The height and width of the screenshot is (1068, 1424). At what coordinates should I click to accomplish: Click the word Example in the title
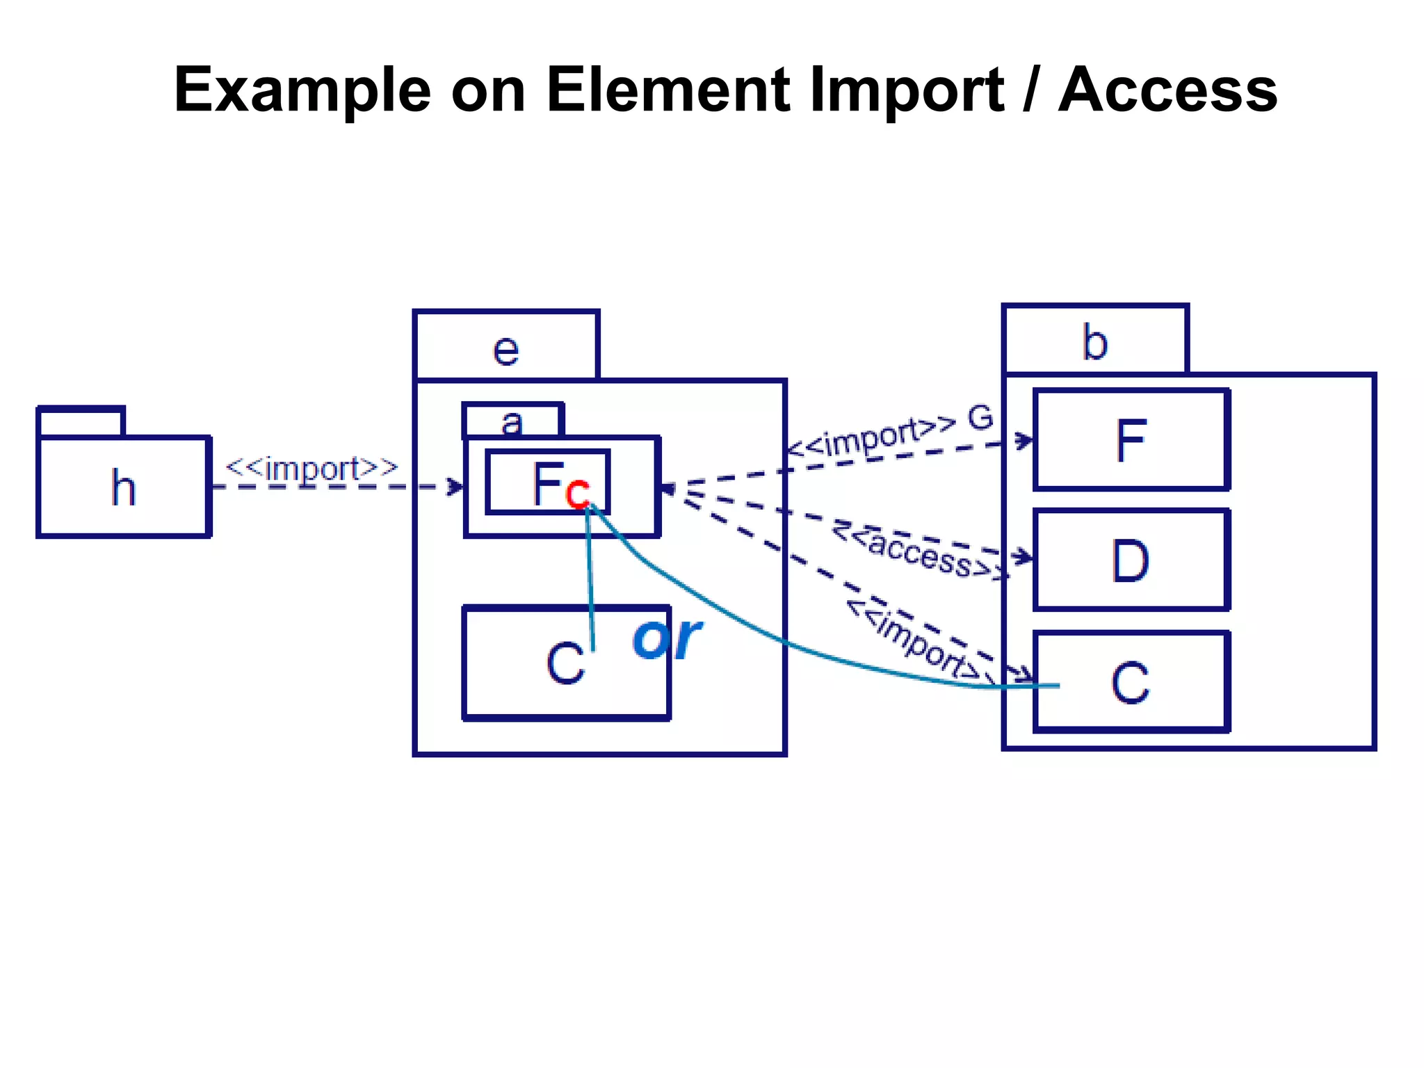(x=302, y=90)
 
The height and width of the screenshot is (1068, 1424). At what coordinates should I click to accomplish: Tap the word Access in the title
(x=1167, y=90)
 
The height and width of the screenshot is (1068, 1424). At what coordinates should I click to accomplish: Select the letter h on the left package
(x=123, y=487)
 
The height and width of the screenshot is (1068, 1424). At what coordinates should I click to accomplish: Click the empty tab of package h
(x=81, y=422)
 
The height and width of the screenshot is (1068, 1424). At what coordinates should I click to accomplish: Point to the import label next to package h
(x=312, y=469)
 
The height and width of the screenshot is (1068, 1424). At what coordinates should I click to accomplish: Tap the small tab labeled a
(x=512, y=421)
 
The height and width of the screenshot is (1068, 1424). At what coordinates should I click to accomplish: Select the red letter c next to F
(x=577, y=494)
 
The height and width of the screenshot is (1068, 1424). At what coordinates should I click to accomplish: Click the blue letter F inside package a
(x=547, y=483)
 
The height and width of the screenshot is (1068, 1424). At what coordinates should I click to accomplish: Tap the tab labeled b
(x=1095, y=341)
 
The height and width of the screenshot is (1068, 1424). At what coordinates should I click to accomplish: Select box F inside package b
(x=1131, y=439)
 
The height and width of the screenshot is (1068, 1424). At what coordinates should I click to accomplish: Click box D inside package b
(x=1131, y=560)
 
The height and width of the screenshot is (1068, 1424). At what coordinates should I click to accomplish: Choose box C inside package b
(x=1131, y=682)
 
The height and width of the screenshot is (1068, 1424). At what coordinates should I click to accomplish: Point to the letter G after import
(x=980, y=418)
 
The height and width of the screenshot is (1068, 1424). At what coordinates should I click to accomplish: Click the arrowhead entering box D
(x=1023, y=557)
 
